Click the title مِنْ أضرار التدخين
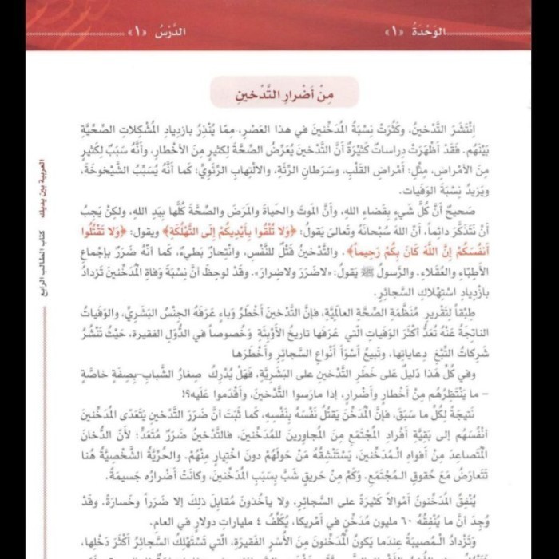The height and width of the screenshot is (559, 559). tap(285, 94)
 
